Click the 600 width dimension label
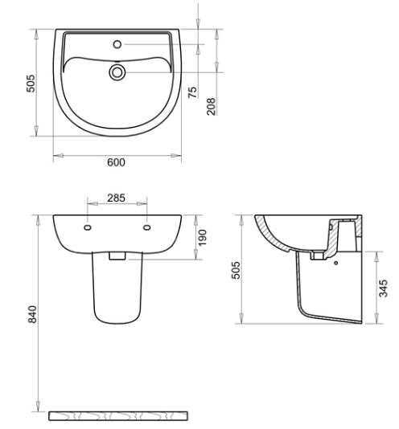coord(116,162)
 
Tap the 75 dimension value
coord(192,92)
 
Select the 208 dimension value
coord(212,106)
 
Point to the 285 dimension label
coord(116,198)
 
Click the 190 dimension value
coord(203,238)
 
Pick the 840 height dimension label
coord(33,314)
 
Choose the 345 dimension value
coord(384,288)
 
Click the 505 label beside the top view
coord(31,84)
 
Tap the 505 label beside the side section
coord(236,270)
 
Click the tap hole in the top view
coord(117,44)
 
